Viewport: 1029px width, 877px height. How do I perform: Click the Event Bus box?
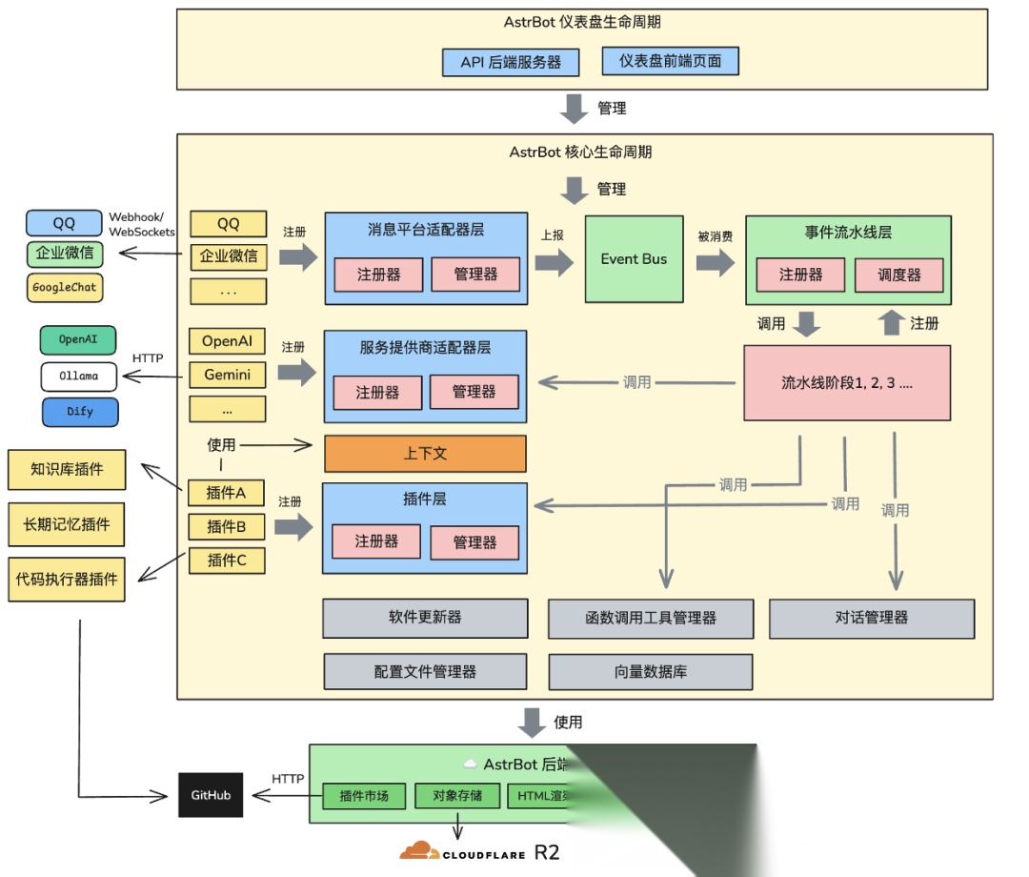(x=634, y=259)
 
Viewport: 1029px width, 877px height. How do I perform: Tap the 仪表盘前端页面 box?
(x=670, y=61)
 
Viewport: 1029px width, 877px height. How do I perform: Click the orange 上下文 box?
(x=425, y=454)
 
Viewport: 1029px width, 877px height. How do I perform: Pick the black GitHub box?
(x=211, y=795)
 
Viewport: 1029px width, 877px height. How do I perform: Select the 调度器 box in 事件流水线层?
(x=899, y=275)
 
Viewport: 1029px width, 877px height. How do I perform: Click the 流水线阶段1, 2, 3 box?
(x=846, y=382)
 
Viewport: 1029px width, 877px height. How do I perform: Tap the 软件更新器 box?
(x=425, y=618)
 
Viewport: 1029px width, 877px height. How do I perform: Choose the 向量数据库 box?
(x=651, y=671)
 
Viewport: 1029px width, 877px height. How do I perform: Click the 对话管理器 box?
(x=871, y=618)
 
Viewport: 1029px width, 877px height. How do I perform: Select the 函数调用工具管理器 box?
(x=651, y=618)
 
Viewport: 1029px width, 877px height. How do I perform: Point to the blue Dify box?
(x=80, y=413)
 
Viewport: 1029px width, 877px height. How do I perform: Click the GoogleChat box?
(x=65, y=287)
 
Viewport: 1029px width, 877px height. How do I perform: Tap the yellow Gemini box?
(x=228, y=375)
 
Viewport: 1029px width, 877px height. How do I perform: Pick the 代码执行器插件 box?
(x=67, y=579)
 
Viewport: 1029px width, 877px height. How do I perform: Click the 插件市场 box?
(x=363, y=796)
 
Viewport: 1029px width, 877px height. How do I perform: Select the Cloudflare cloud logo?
(x=419, y=851)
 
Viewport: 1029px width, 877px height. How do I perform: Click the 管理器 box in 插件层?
(x=474, y=542)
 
